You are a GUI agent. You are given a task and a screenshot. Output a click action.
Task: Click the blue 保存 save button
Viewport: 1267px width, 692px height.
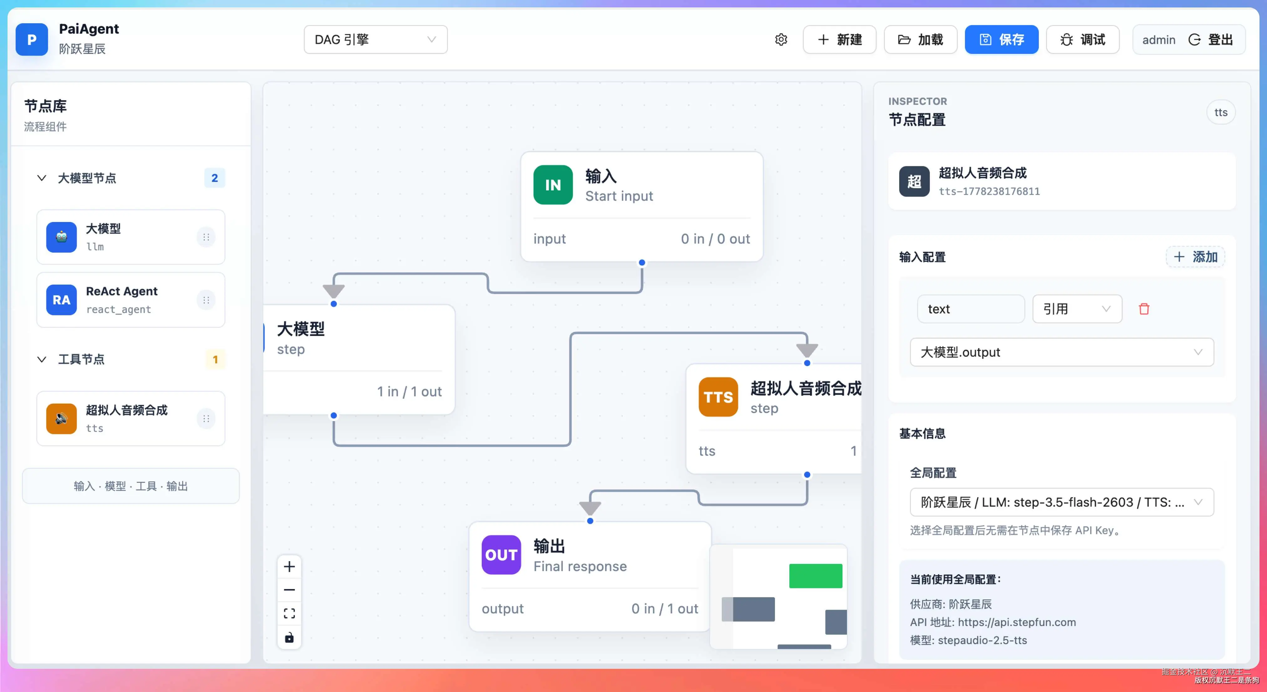click(1001, 39)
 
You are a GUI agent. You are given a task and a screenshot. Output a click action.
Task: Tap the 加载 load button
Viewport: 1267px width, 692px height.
click(920, 39)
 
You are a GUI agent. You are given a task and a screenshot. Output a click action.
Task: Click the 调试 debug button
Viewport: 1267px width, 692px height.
click(1083, 39)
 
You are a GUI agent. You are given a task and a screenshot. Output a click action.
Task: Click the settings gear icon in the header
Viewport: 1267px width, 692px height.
click(781, 39)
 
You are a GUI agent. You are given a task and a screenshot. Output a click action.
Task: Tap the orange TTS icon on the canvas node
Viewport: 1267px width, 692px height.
click(718, 397)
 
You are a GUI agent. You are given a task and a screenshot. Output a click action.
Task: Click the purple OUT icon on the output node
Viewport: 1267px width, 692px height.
click(501, 555)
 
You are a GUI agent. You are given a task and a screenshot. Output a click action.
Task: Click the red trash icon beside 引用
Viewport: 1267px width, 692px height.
click(1144, 309)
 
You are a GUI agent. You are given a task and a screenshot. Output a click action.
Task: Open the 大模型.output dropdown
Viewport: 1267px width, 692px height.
click(1061, 352)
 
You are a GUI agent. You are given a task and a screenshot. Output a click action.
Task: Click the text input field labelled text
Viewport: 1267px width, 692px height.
click(970, 309)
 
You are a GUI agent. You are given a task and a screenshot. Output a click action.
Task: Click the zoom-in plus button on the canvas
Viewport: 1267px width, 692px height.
click(289, 566)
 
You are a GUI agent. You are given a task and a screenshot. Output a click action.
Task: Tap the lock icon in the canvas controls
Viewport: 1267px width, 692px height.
click(289, 638)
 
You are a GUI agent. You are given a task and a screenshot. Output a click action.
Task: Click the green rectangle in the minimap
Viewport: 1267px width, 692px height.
click(815, 576)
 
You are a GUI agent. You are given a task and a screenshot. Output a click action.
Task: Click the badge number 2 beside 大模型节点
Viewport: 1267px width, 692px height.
click(214, 178)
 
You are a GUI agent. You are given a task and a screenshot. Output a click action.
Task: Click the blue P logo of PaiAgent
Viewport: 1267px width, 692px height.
click(32, 39)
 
